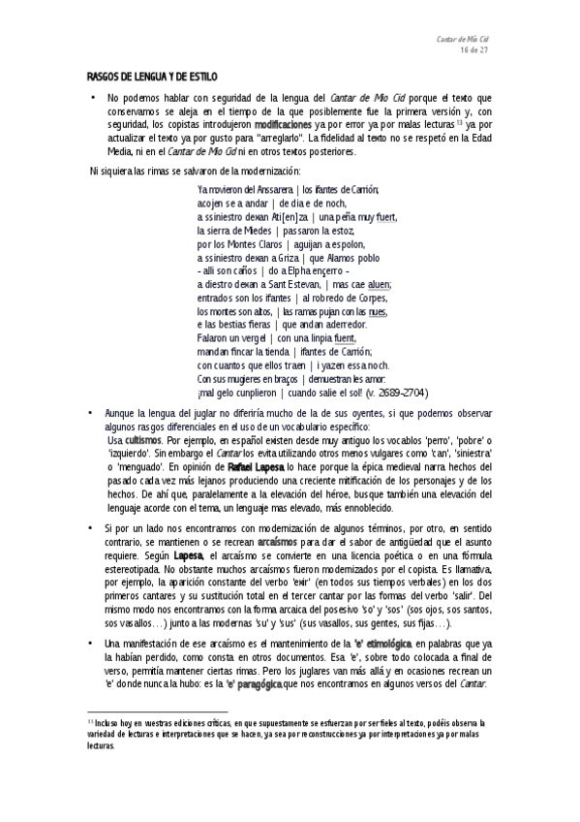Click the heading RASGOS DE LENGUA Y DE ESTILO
pos(152,77)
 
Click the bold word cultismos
pos(143,439)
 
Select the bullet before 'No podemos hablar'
pos(90,99)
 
